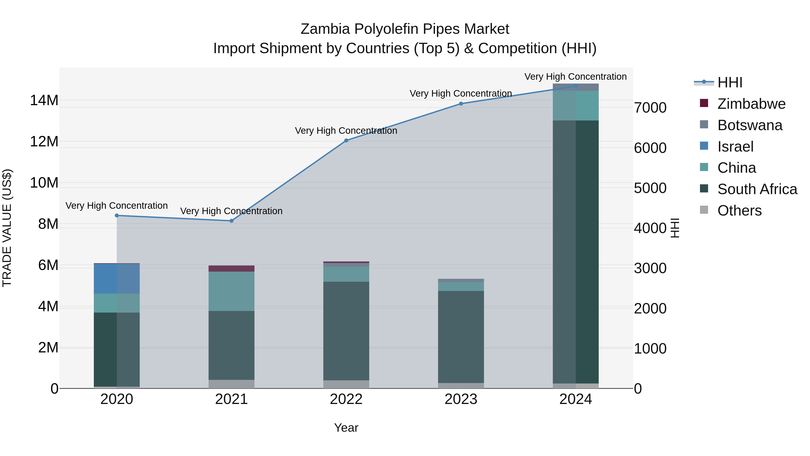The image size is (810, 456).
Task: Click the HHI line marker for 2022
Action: coord(346,141)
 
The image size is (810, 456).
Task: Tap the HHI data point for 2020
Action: coord(117,216)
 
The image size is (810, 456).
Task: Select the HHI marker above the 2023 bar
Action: coord(461,104)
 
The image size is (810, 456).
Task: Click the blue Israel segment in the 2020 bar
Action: coord(117,279)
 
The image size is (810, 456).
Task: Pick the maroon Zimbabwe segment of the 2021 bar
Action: coord(232,268)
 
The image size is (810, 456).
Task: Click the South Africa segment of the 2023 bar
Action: coord(461,337)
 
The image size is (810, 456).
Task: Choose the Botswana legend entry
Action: coord(750,125)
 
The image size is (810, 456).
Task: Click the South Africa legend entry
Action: coord(757,189)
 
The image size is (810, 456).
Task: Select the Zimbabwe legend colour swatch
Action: coord(704,103)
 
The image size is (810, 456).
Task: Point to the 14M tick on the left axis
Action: coord(44,100)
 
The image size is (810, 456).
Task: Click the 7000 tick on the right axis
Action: coord(650,108)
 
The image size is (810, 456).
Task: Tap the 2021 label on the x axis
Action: coord(232,399)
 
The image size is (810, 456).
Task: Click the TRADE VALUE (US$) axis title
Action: coord(7,228)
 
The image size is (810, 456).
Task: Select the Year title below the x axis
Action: coord(346,428)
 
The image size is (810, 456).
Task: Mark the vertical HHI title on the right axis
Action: coord(675,228)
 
